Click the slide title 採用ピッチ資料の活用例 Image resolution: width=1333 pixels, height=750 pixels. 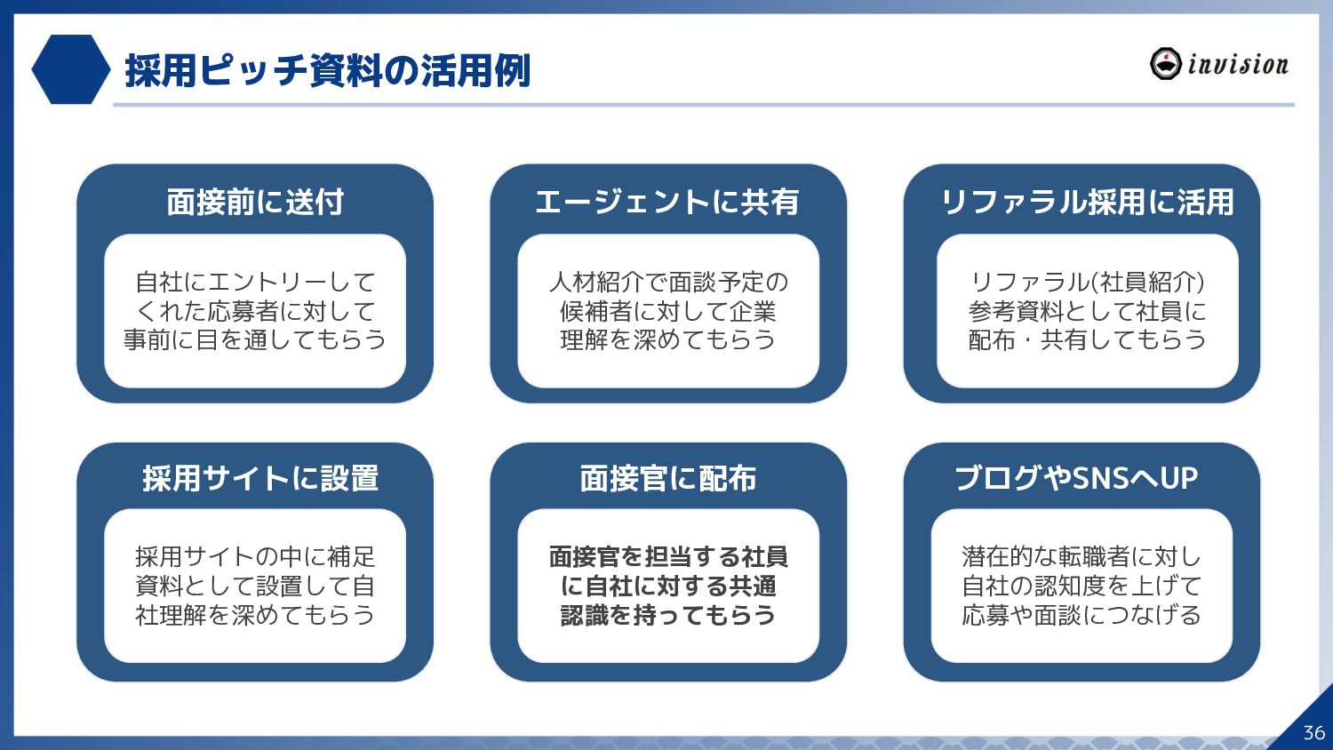point(327,70)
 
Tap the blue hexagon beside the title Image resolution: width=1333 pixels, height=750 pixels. point(70,69)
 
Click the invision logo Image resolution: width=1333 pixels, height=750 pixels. point(1218,64)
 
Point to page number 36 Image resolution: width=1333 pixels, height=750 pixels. point(1313,732)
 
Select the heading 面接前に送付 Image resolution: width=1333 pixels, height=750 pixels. point(255,202)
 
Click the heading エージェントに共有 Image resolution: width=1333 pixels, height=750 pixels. point(667,202)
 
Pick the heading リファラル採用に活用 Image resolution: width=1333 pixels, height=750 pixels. point(1087,202)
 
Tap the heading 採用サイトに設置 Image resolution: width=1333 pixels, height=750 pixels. point(260,478)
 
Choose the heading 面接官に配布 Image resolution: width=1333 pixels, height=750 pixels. point(667,478)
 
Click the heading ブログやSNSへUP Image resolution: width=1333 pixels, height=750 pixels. point(1076,478)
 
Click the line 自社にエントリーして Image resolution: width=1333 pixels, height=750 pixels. point(255,282)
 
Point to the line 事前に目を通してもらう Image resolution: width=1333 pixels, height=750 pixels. point(255,339)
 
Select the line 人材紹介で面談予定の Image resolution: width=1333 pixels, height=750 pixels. point(668,282)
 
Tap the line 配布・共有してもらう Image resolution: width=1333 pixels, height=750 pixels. point(1087,339)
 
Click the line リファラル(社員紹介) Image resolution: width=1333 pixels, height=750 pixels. point(1087,282)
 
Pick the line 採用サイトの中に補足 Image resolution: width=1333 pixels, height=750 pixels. point(255,556)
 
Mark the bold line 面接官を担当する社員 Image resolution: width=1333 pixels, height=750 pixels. point(668,556)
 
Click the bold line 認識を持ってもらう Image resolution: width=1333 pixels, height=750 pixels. point(668,615)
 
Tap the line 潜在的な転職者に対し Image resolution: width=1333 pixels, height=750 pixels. point(1082,556)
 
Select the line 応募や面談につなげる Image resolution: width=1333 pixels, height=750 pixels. point(1082,615)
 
